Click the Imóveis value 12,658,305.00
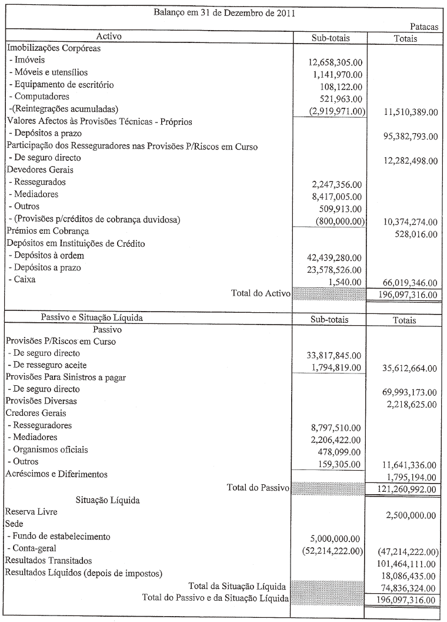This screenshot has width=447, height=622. pos(335,61)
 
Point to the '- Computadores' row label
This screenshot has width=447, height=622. pos(39,97)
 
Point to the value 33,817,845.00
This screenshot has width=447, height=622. pos(335,355)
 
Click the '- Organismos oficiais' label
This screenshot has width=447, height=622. pos(48,450)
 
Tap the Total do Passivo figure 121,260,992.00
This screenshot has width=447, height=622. pos(402,489)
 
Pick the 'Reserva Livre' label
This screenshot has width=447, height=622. pos(32,512)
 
